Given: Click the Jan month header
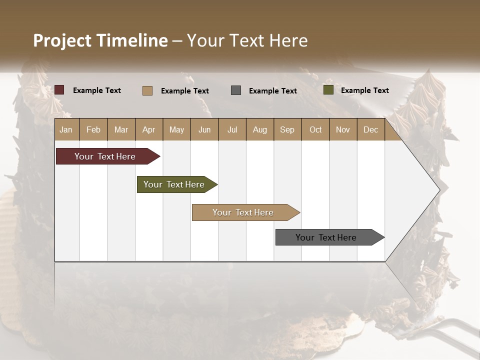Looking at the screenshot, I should (x=66, y=130).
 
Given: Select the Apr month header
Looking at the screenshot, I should (x=149, y=130).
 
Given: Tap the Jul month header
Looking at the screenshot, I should (x=232, y=130).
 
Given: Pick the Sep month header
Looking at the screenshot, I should (x=287, y=130).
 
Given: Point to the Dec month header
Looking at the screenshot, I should (x=370, y=130).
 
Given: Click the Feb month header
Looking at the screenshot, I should (x=93, y=130).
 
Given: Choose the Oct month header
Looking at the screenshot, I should (x=315, y=130).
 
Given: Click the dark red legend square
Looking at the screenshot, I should (x=59, y=90).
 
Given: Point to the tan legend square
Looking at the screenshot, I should (x=147, y=90).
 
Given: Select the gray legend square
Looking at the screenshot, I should (x=236, y=90).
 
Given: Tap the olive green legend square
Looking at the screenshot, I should (x=328, y=90).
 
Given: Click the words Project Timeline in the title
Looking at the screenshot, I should (x=100, y=40).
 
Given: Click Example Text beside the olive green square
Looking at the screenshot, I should (x=364, y=90).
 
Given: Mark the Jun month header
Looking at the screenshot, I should (x=204, y=130).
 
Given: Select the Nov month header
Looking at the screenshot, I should (x=343, y=130).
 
